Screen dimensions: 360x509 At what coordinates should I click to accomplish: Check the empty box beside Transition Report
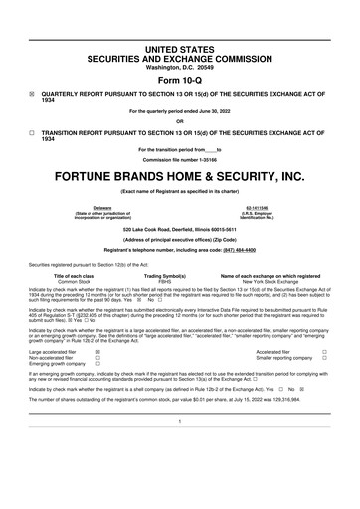click(32, 131)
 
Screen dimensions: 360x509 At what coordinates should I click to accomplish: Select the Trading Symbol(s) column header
click(180, 276)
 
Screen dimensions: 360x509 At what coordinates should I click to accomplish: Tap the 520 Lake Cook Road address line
click(180, 228)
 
